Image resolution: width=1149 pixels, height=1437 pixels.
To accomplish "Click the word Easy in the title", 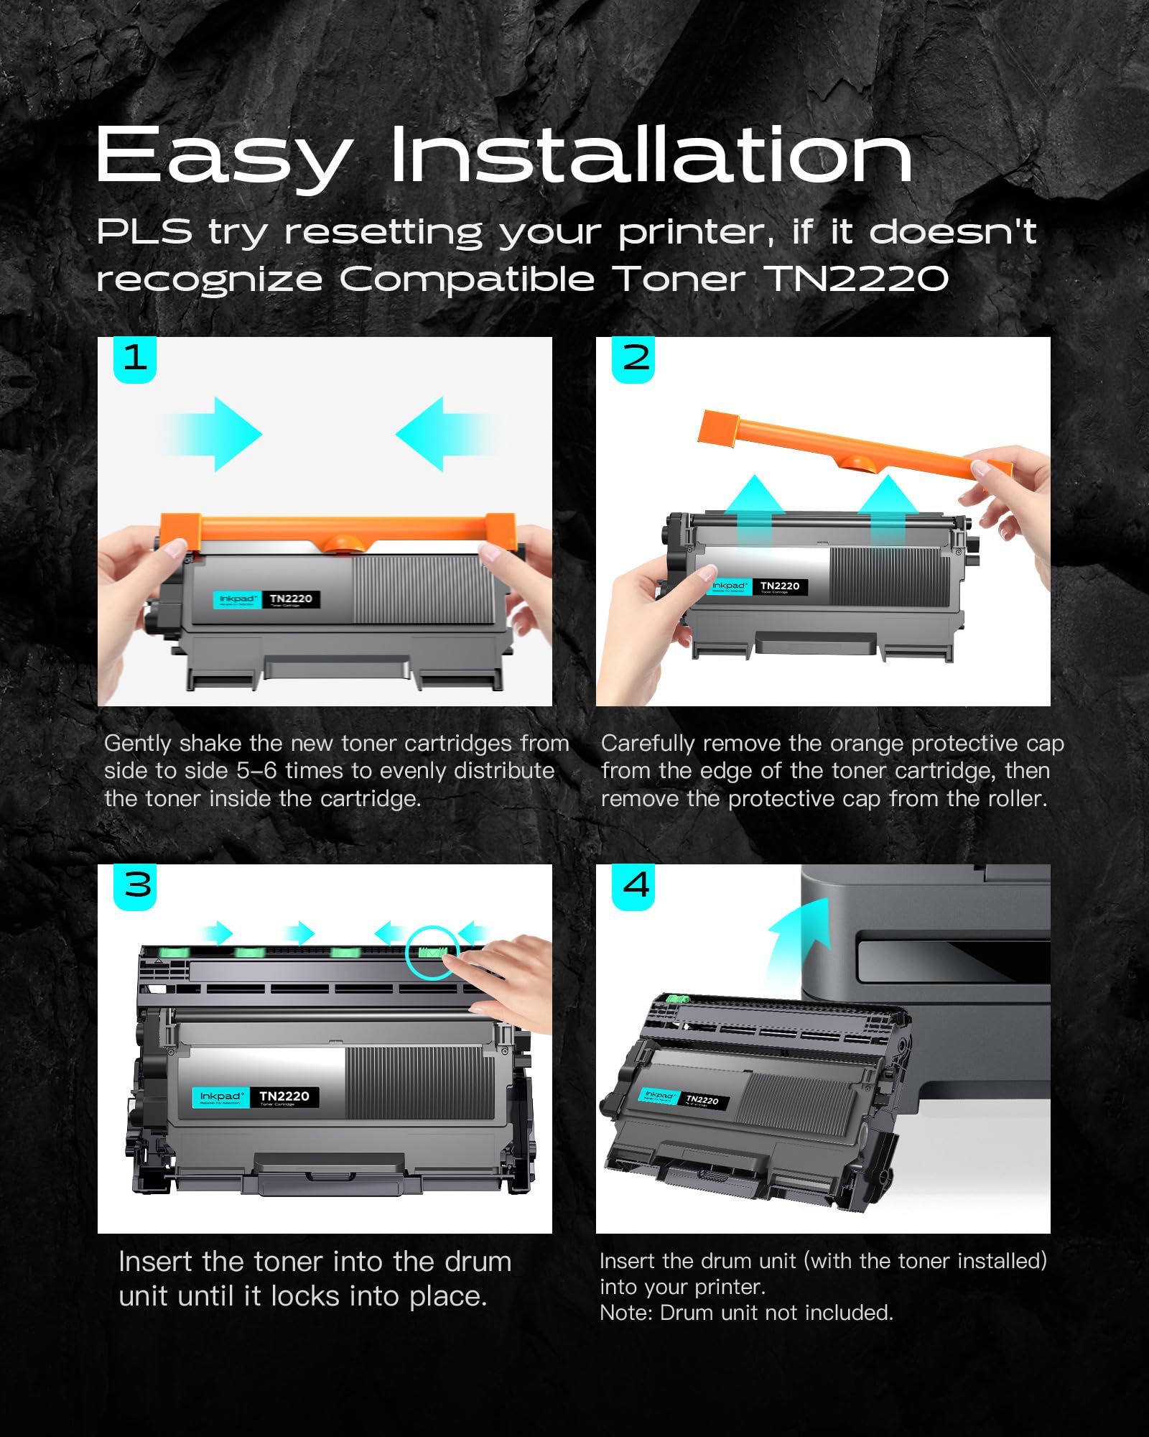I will [224, 157].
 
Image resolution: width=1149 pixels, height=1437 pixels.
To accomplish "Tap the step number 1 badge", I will [135, 359].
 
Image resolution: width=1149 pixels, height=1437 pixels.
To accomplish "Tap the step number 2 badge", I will [633, 359].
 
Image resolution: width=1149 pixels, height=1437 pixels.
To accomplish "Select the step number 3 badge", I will [136, 885].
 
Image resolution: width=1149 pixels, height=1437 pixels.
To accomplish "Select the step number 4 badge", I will [635, 885].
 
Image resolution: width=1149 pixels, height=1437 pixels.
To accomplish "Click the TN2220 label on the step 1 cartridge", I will [291, 599].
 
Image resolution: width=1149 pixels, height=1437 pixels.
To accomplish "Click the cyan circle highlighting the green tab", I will [432, 953].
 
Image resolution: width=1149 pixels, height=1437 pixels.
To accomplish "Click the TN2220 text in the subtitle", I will [859, 279].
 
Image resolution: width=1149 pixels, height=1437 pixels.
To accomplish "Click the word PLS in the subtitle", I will [144, 231].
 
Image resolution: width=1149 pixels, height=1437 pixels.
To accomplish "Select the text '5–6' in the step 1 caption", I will [256, 771].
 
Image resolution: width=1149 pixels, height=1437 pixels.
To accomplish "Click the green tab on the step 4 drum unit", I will [677, 999].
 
